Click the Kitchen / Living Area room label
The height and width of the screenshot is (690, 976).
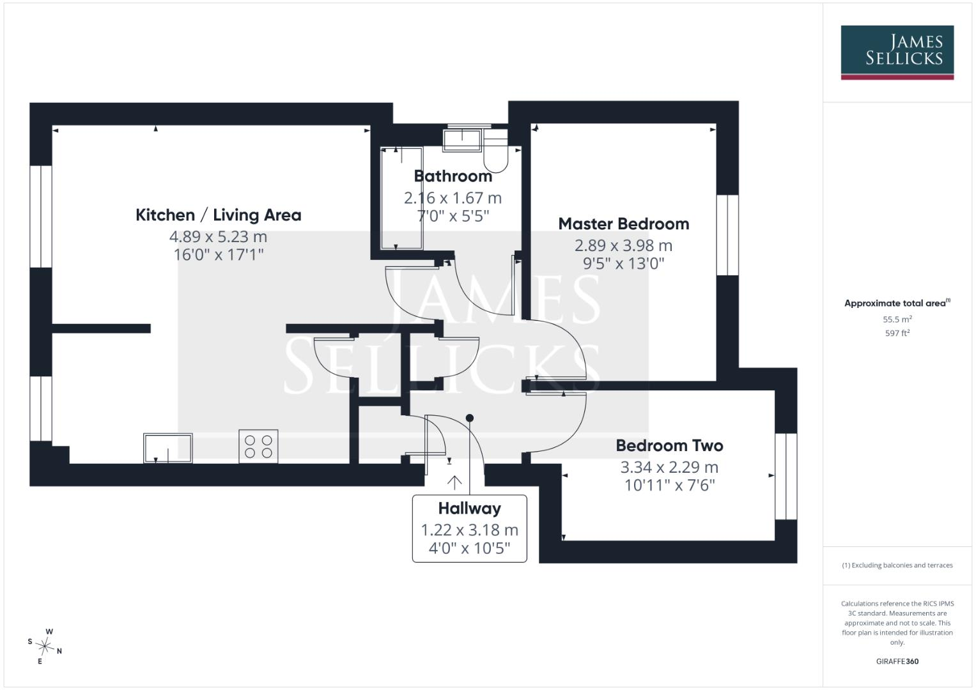[x=219, y=215]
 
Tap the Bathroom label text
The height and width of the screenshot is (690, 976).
[x=453, y=176]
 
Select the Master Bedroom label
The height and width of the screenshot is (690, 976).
[x=624, y=224]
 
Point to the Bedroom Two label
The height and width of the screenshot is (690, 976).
[x=669, y=446]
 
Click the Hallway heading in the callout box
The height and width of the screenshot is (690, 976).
[x=469, y=509]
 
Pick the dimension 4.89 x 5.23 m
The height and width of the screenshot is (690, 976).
[x=219, y=236]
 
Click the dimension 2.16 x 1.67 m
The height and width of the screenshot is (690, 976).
[x=453, y=198]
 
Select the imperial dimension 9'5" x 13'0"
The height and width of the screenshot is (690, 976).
[x=624, y=263]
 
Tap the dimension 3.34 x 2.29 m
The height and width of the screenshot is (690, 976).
[x=669, y=468]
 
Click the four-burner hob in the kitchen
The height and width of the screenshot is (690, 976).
[x=258, y=447]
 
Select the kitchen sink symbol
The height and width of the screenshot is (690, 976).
[x=167, y=448]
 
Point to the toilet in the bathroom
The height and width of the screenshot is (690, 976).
[x=496, y=150]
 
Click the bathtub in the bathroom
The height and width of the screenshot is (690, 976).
[x=401, y=199]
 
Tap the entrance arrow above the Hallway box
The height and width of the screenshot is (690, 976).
[x=454, y=482]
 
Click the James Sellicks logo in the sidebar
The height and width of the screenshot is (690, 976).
[x=897, y=52]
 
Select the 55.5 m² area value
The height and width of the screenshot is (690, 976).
[x=897, y=319]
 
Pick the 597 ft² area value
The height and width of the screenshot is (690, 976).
[x=897, y=333]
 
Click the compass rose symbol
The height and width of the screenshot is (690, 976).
[x=45, y=647]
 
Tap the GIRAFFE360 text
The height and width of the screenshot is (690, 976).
[x=897, y=661]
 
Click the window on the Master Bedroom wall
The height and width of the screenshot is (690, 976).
[x=727, y=235]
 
